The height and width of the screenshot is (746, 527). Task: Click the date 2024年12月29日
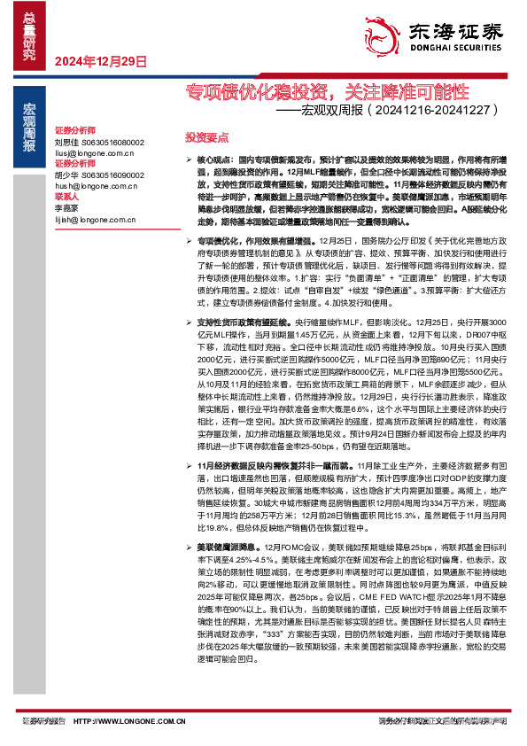coord(100,61)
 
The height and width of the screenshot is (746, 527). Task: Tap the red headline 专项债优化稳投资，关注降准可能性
coord(327,91)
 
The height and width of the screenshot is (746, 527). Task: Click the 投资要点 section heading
coord(206,137)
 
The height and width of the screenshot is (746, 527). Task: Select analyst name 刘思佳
coord(67,143)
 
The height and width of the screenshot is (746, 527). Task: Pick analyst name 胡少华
coord(67,175)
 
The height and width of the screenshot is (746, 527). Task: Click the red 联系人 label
coord(67,196)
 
